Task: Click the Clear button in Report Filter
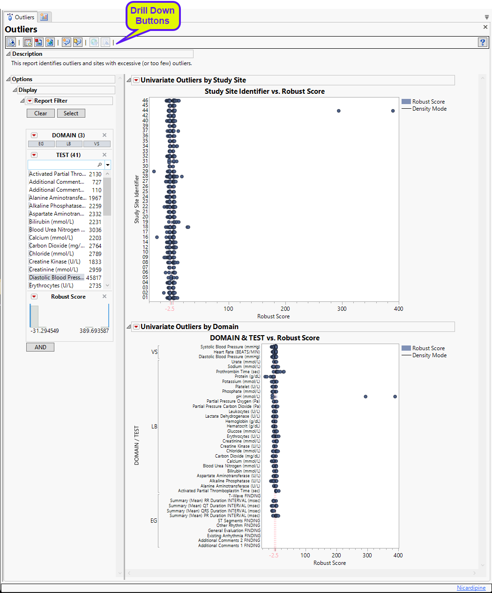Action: click(40, 113)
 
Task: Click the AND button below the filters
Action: click(40, 347)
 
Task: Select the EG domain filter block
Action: click(41, 144)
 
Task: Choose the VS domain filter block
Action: click(97, 144)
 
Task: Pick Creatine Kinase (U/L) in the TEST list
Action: click(55, 262)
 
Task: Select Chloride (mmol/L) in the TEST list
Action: click(52, 254)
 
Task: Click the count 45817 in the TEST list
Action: click(94, 278)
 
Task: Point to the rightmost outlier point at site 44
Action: click(393, 111)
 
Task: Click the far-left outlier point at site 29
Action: click(154, 172)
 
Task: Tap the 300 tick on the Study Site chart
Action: click(342, 309)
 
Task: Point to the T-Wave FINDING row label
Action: click(244, 496)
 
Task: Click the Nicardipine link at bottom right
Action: click(471, 588)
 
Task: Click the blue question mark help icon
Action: click(482, 42)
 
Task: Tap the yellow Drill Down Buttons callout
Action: click(152, 16)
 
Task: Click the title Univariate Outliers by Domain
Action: click(189, 327)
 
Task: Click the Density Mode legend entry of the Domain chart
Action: click(429, 355)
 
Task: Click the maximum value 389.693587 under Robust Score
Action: click(94, 331)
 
